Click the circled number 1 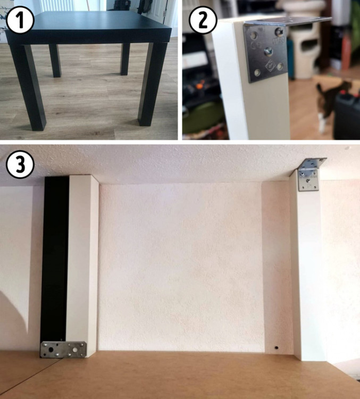[20, 20]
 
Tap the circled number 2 [203, 20]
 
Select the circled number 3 [20, 164]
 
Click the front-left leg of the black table [29, 87]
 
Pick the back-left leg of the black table [55, 61]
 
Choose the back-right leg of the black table [125, 59]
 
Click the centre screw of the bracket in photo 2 [269, 52]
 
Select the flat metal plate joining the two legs [63, 350]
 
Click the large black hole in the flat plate [51, 350]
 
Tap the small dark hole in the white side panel [277, 347]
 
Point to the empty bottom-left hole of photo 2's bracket [257, 73]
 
